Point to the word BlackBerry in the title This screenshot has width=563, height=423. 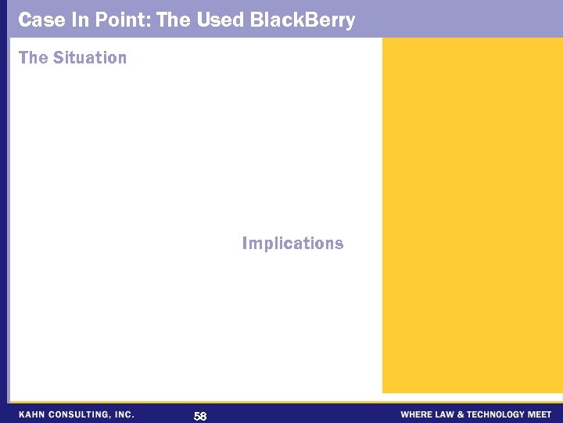[x=303, y=20]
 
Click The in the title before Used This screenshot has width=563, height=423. [x=174, y=20]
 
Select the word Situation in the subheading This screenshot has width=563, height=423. [x=90, y=58]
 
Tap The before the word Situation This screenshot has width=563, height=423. [x=33, y=58]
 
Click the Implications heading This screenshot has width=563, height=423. [x=292, y=244]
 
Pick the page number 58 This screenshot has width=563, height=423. [x=200, y=416]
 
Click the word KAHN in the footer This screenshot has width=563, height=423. [x=32, y=414]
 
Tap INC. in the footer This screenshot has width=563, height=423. [x=124, y=414]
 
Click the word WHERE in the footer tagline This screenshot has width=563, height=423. [x=415, y=414]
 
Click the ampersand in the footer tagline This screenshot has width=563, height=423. [x=462, y=414]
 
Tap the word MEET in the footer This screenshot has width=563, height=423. [x=540, y=414]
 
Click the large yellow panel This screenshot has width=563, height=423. [x=472, y=215]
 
